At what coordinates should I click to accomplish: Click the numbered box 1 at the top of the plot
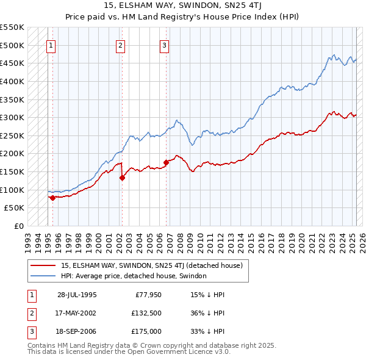pos(51,45)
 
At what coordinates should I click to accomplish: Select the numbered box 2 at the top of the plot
pos(121,45)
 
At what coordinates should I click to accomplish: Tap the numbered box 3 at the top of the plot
pos(165,45)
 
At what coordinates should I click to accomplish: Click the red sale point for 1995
pos(52,198)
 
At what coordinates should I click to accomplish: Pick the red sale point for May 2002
pos(122,178)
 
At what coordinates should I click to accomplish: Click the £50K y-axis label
pos(14,208)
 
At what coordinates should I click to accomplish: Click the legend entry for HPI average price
pos(134,276)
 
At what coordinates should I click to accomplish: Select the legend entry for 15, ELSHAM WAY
pos(152,265)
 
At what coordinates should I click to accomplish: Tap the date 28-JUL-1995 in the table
pos(77,294)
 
